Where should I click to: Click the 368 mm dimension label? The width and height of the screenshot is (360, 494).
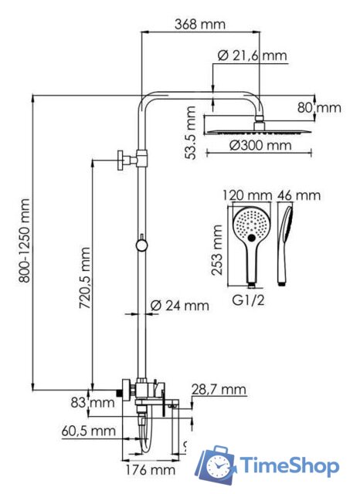coord(199,24)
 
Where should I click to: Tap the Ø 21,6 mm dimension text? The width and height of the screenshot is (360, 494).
coord(252,56)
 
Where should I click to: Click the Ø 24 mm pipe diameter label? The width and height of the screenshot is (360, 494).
coord(179,306)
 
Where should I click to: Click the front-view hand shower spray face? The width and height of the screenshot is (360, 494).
coord(252,225)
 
